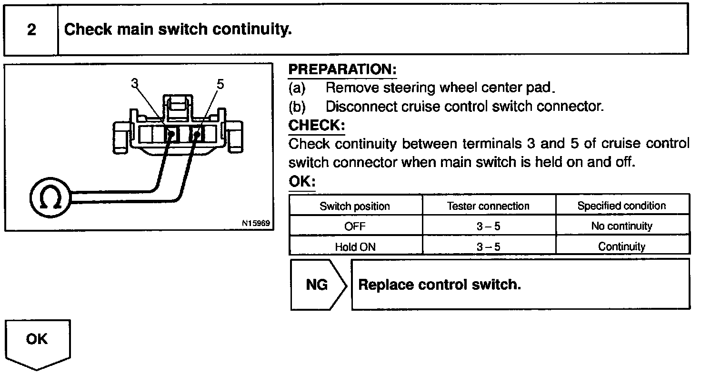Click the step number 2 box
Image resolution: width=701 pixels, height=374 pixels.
pyautogui.click(x=31, y=30)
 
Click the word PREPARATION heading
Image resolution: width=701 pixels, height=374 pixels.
pyautogui.click(x=342, y=69)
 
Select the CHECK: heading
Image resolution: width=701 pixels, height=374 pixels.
pyautogui.click(x=317, y=126)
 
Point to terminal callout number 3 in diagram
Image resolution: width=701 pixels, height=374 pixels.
pyautogui.click(x=134, y=84)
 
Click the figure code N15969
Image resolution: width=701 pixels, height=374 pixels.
pyautogui.click(x=256, y=223)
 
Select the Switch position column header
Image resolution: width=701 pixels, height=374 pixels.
pyautogui.click(x=355, y=206)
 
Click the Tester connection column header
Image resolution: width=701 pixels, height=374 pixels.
pyautogui.click(x=488, y=206)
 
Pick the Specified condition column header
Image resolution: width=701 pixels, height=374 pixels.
pyautogui.click(x=621, y=206)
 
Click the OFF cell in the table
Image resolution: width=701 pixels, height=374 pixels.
pyautogui.click(x=355, y=226)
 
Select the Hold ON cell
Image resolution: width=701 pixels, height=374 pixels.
pyautogui.click(x=355, y=246)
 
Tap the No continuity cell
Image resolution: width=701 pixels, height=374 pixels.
pyautogui.click(x=621, y=226)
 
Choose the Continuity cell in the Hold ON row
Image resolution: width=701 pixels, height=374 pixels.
pyautogui.click(x=621, y=246)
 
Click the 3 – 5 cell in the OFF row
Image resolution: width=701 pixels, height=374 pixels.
pyautogui.click(x=488, y=226)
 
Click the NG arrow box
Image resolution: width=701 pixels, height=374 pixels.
pyautogui.click(x=317, y=285)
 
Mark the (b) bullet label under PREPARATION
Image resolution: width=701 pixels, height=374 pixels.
pyautogui.click(x=297, y=107)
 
